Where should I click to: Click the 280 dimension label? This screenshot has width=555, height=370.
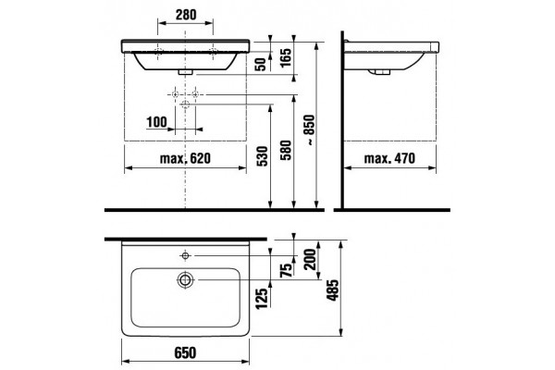(x=186, y=15)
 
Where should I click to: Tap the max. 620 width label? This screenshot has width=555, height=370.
(x=185, y=158)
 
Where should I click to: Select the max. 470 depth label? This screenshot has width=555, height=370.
(x=389, y=158)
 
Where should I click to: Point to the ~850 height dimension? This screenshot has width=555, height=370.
(x=309, y=129)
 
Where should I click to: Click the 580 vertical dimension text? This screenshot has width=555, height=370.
(x=286, y=150)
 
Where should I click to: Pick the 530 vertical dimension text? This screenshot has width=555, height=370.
(x=263, y=155)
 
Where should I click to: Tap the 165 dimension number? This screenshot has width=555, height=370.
(x=286, y=57)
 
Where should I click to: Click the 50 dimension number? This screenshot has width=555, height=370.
(x=261, y=64)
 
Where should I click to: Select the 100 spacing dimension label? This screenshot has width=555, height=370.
(x=156, y=122)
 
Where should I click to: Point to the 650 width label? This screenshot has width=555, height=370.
(x=185, y=352)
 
